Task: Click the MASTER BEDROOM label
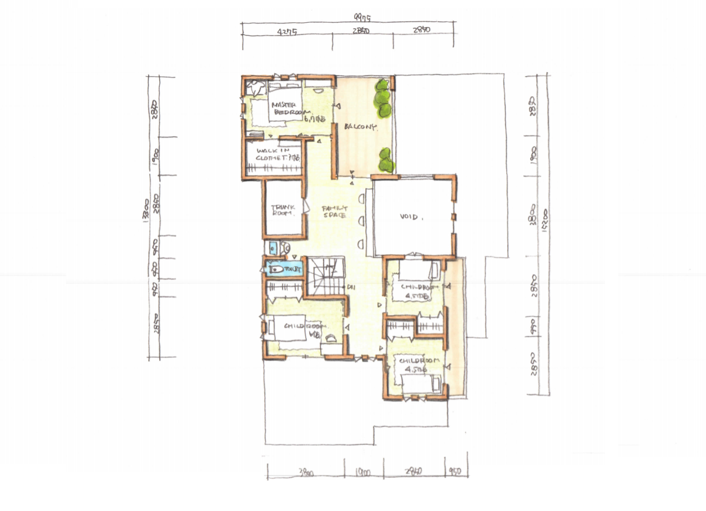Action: (x=286, y=108)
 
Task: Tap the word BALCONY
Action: (x=360, y=127)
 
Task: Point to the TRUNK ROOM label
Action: (x=282, y=211)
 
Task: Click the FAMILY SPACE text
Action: (x=334, y=211)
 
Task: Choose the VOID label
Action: (x=411, y=217)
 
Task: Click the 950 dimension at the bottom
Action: (x=456, y=473)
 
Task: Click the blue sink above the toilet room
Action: (x=272, y=247)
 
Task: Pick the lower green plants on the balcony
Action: (x=386, y=161)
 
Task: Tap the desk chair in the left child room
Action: (x=331, y=338)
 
